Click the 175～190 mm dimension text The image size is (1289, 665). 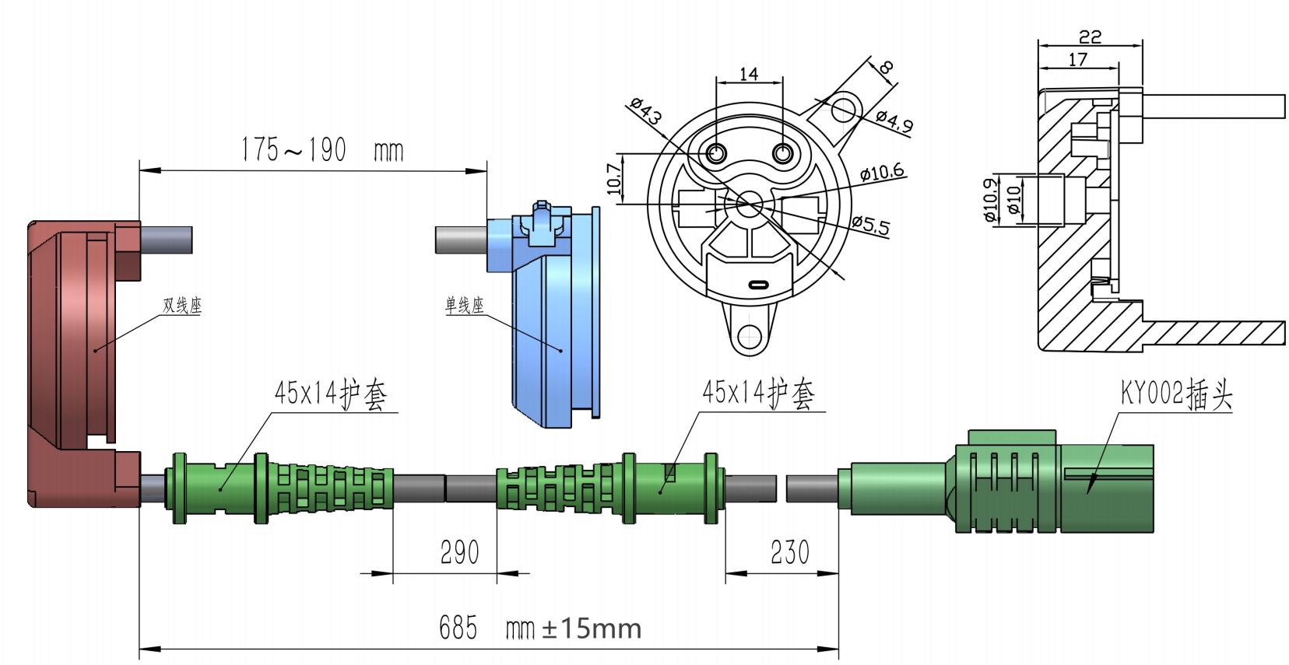click(x=321, y=149)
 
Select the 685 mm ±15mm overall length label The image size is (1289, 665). click(x=540, y=628)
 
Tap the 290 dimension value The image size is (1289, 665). click(x=459, y=552)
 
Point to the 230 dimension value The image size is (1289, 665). click(x=789, y=552)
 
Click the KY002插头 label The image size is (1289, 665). click(x=1176, y=395)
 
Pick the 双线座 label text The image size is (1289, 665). click(x=182, y=306)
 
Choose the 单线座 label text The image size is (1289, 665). click(x=465, y=306)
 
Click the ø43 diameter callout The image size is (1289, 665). click(x=645, y=111)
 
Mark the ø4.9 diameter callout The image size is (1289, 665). click(x=894, y=121)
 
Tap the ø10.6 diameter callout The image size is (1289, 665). click(x=883, y=172)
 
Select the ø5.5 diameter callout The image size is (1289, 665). click(x=870, y=225)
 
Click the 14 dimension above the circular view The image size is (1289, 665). click(x=748, y=74)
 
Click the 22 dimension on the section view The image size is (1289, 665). click(x=1091, y=37)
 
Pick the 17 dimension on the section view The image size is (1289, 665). click(x=1078, y=59)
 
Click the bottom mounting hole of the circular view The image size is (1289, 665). click(x=750, y=336)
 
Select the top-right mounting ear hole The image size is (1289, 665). click(x=842, y=109)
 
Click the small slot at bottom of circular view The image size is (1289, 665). click(x=758, y=284)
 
